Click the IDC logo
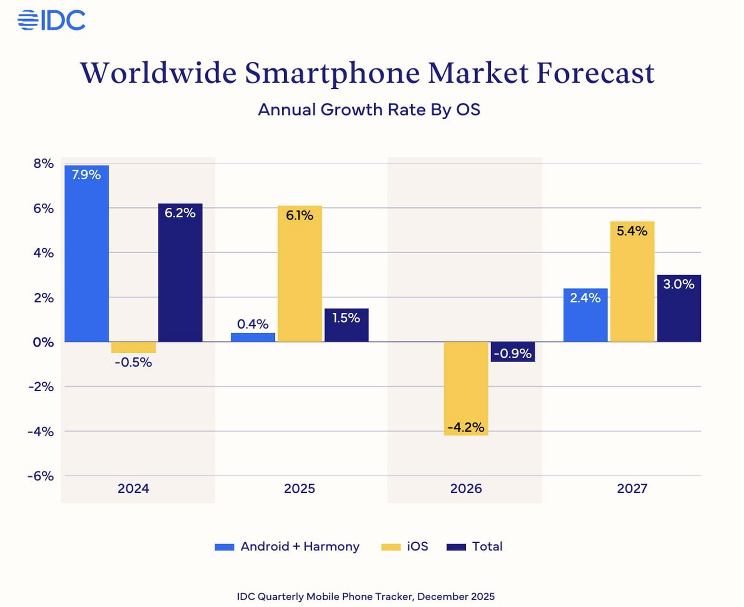(x=52, y=20)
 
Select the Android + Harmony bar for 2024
(x=87, y=253)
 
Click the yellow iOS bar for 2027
(x=632, y=281)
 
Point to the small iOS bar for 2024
(x=133, y=347)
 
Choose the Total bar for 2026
(x=513, y=352)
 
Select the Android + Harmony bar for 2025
(x=253, y=337)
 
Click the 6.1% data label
(x=299, y=215)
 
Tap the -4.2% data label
(x=466, y=427)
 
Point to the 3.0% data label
(x=678, y=284)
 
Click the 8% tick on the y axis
(x=43, y=164)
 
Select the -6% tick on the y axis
(x=41, y=476)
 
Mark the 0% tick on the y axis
(x=43, y=342)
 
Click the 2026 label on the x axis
(x=466, y=489)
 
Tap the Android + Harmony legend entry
(x=287, y=546)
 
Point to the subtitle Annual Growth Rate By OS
(x=369, y=110)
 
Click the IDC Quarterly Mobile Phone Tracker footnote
(x=365, y=597)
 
